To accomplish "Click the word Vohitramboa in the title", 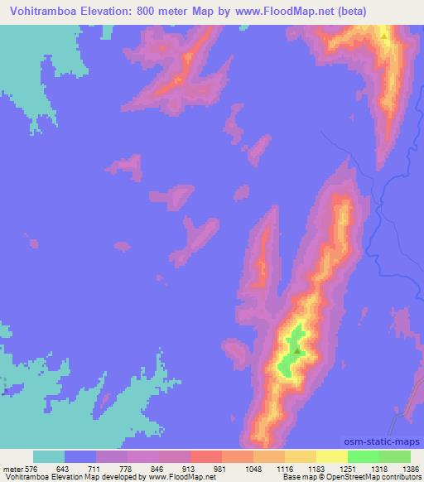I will tap(41, 12).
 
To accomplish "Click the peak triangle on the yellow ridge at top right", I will tap(384, 36).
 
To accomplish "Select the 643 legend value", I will tap(49, 468).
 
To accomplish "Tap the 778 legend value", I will tap(112, 468).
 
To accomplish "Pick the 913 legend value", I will tap(175, 468).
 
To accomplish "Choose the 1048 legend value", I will tap(238, 468).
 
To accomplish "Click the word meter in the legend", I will tap(12, 468).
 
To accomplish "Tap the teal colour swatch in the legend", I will tap(49, 456).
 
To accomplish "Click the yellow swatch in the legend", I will tap(332, 456).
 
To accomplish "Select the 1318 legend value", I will tap(364, 468).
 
